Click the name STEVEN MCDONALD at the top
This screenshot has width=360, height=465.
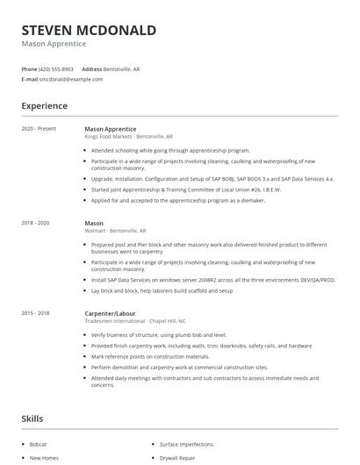[x=89, y=31]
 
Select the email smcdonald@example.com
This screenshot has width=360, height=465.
[x=70, y=79]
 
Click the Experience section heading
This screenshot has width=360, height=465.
[x=44, y=106]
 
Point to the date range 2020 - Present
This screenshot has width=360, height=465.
[x=39, y=129]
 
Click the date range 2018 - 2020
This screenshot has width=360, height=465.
[x=35, y=224]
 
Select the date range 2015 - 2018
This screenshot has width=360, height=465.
[x=35, y=313]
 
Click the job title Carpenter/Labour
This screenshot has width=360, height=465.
[x=111, y=313]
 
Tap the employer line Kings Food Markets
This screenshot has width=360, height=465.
[x=128, y=137]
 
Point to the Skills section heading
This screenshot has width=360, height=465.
[x=32, y=420]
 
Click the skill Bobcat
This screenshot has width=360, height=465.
[x=40, y=445]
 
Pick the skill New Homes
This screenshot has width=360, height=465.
[x=43, y=458]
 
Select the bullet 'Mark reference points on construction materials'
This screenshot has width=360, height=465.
[x=162, y=356]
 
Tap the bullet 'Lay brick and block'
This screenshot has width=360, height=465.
[x=162, y=290]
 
